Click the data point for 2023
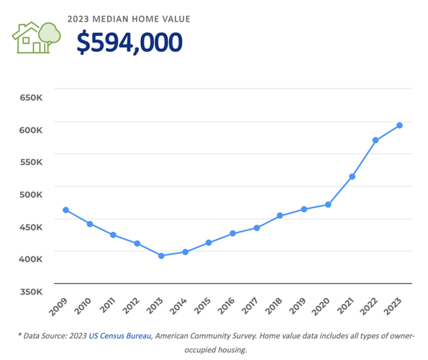(x=399, y=126)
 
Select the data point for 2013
(x=161, y=256)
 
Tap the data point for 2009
(x=66, y=210)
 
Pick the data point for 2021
(x=352, y=176)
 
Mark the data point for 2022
(x=375, y=140)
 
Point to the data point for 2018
(x=281, y=216)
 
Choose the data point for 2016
(x=232, y=233)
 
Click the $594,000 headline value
(x=129, y=42)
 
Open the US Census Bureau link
(x=120, y=336)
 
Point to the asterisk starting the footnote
(x=20, y=336)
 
